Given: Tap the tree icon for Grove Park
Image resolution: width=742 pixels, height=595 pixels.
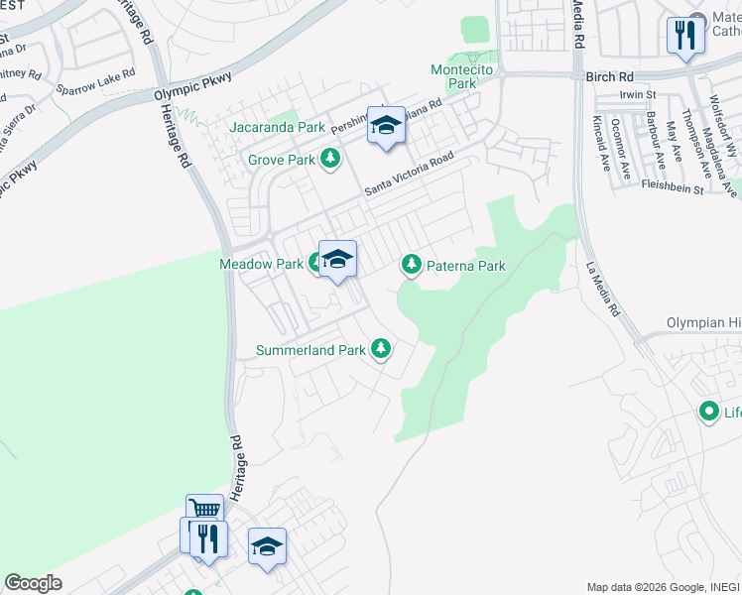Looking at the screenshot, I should [329, 159].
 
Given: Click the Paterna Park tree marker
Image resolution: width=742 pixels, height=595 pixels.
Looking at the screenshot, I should [411, 264].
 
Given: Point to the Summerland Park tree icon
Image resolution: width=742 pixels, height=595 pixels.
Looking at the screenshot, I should [379, 348].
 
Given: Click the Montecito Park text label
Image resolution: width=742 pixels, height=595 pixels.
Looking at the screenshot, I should [454, 76].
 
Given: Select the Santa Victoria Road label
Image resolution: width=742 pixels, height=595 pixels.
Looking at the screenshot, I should [408, 174].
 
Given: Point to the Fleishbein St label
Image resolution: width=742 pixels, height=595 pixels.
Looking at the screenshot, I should [672, 185].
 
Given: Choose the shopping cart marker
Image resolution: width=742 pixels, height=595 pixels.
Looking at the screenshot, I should [204, 510].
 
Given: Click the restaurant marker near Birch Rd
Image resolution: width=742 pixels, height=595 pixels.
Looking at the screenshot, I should [684, 35].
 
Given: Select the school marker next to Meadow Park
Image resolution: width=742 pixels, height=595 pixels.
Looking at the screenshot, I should [337, 259].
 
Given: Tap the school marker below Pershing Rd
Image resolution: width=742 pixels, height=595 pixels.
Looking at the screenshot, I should [386, 125].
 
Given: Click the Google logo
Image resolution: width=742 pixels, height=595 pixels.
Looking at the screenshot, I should [33, 583].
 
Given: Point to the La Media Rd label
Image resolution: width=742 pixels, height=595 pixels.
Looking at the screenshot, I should [602, 290].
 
